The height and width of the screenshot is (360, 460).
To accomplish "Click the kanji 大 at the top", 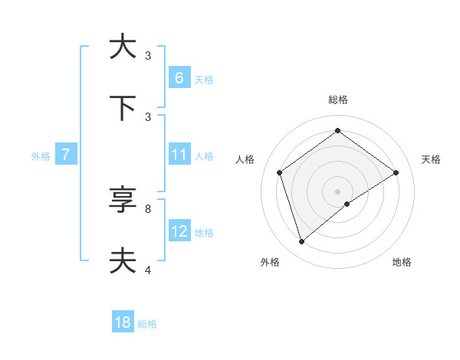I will click(x=123, y=47).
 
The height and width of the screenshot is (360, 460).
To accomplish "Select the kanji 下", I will click(x=123, y=108).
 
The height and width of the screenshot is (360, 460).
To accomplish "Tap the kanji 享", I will click(x=123, y=200).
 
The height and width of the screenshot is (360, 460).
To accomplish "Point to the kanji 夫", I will click(x=123, y=261).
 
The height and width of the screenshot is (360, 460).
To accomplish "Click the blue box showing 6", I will click(x=179, y=77).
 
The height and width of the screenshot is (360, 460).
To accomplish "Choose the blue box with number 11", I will click(x=179, y=155).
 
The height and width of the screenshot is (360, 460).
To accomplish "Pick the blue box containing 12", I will click(x=179, y=231).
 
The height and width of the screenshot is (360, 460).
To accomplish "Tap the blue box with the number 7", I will click(x=66, y=155).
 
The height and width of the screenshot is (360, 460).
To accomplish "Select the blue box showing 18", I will click(x=123, y=322).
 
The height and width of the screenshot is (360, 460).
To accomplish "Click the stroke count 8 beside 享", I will click(x=147, y=208).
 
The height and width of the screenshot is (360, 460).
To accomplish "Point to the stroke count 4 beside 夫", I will click(x=147, y=270).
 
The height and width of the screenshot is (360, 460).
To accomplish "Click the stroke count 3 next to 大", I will click(x=147, y=55).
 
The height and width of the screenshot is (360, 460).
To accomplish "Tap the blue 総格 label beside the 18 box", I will click(x=147, y=324).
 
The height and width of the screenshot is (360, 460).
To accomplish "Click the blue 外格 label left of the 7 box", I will click(x=41, y=156).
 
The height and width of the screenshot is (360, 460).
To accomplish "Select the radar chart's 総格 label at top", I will click(x=338, y=100).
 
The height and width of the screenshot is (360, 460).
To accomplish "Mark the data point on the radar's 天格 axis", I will click(x=396, y=172).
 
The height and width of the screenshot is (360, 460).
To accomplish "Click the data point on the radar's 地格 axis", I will click(x=347, y=204).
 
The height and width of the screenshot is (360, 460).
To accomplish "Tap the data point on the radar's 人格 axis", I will click(x=280, y=172).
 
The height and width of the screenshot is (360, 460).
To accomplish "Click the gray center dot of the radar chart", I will click(x=338, y=191).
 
